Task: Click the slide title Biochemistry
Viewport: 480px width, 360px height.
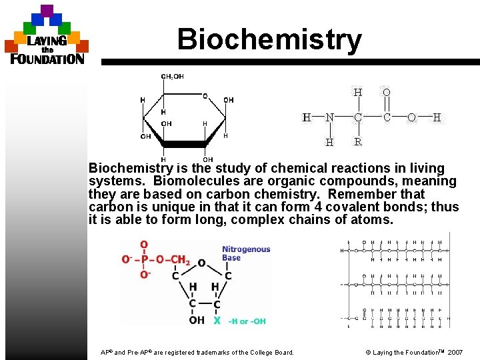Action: click(x=269, y=39)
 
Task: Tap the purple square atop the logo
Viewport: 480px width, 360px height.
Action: click(x=47, y=11)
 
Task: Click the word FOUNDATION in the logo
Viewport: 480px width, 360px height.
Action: click(x=47, y=59)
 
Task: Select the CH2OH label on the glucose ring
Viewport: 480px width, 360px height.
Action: click(x=173, y=76)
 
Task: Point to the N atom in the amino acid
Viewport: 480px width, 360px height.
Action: click(x=329, y=117)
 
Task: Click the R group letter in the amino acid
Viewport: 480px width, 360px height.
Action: click(x=358, y=141)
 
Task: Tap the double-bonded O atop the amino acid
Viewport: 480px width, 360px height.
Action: click(x=387, y=92)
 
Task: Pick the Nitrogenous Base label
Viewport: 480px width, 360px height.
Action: click(x=246, y=253)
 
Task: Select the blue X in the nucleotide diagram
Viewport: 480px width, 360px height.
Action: click(x=217, y=321)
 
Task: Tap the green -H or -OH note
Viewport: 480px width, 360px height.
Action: click(x=247, y=321)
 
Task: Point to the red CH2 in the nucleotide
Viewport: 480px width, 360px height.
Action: click(x=178, y=260)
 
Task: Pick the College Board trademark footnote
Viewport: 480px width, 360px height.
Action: click(x=197, y=352)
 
